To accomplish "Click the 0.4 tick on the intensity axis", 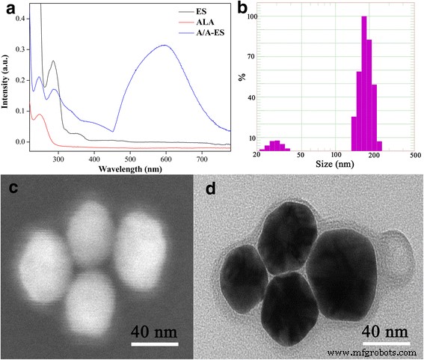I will tap(22, 16).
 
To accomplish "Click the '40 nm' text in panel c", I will tap(155, 330).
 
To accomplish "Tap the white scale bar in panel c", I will tap(155, 345).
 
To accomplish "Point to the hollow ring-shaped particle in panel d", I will tap(396, 260).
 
